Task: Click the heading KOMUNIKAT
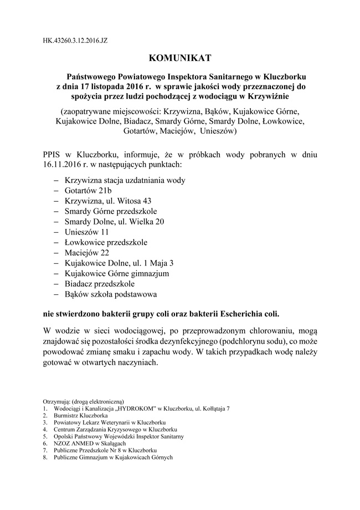coord(179,57)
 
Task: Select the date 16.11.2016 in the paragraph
coord(63,165)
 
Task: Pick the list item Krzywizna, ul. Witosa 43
coord(107,201)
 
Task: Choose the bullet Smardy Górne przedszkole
coord(111,211)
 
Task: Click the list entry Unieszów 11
coord(88,232)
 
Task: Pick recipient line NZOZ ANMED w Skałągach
coord(86,443)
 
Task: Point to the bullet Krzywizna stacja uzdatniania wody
coord(125,181)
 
